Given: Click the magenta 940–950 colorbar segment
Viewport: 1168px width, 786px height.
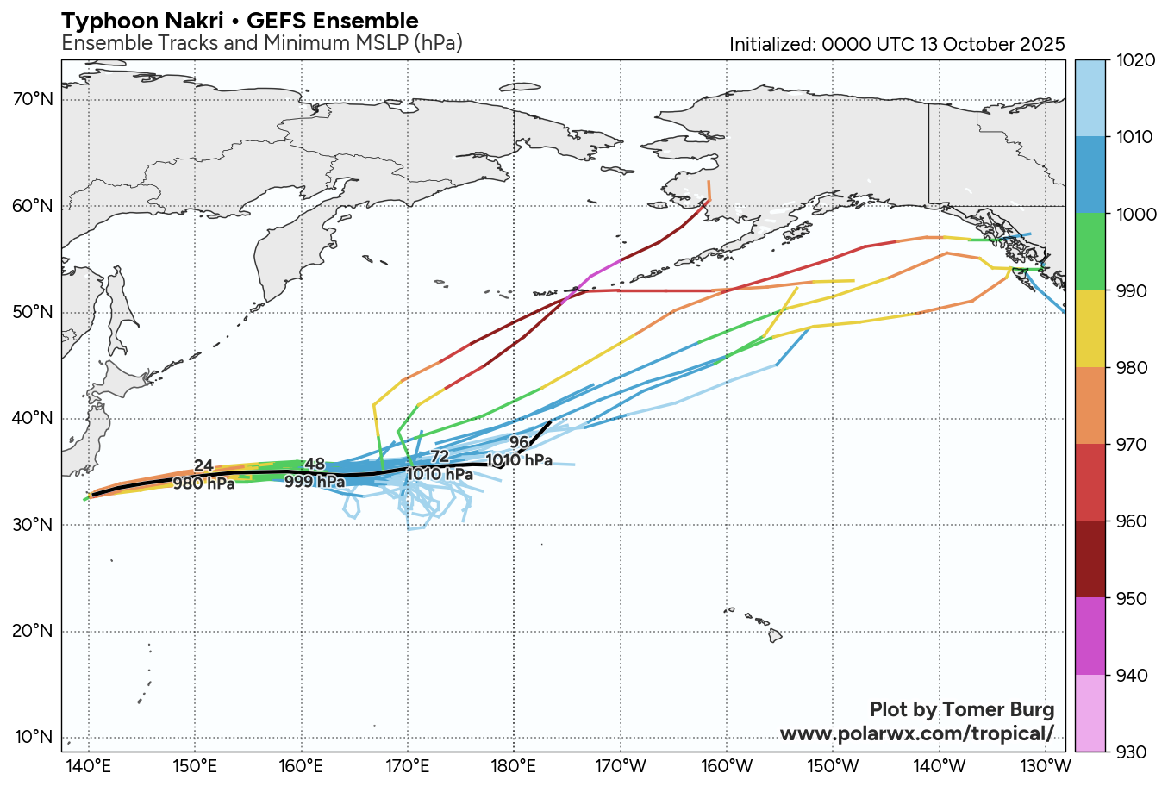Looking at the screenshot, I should tap(1090, 636).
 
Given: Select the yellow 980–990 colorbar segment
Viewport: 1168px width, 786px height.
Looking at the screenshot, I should tap(1090, 328).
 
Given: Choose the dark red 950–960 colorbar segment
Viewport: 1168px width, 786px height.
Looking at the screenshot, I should tap(1090, 559).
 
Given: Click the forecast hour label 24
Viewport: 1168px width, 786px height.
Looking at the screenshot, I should tap(203, 466).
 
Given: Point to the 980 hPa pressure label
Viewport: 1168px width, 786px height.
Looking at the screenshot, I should tap(203, 483).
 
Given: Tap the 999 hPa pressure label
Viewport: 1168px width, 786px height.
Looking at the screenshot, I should tap(315, 482).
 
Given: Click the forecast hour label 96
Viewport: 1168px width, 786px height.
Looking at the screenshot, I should tap(519, 443).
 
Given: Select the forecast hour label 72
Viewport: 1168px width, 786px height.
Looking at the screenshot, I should tap(440, 457).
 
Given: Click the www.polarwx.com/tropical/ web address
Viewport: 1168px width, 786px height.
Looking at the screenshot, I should tap(916, 733).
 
